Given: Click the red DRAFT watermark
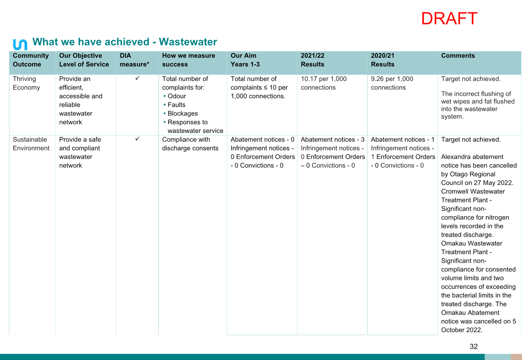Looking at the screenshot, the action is point(449,19).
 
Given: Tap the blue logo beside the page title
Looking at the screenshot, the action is point(20,44).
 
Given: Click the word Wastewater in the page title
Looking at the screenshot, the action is point(188,42).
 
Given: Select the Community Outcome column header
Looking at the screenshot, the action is point(31,60).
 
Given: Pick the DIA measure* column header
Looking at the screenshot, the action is point(134,60).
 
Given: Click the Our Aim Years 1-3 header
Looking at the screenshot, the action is point(245,60).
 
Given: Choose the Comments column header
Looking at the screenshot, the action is point(458,55).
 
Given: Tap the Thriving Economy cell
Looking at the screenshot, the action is point(26,83).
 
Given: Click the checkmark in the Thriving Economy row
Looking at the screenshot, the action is point(137,78).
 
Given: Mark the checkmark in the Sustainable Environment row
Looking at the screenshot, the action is point(137,139).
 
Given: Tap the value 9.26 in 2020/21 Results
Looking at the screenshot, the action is point(378,79).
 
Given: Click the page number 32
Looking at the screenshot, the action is point(474,346).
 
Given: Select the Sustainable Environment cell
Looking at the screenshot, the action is point(31,144).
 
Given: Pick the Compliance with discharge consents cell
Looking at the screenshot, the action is point(190,144).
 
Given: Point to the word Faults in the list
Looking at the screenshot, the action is point(176,105).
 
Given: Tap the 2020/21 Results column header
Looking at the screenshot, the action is point(382,60).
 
